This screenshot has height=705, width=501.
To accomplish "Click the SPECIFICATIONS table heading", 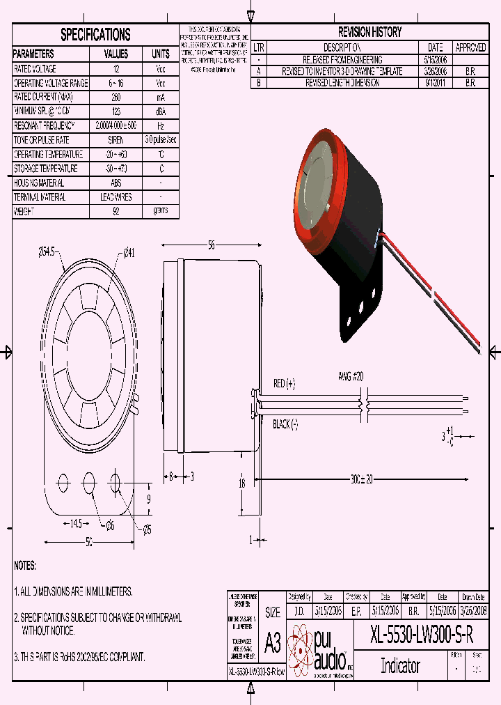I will click(95, 34).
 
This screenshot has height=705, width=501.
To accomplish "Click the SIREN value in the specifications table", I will click(116, 140).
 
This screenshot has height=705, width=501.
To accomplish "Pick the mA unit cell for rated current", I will click(161, 98).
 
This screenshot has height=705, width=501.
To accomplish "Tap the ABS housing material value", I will click(116, 183).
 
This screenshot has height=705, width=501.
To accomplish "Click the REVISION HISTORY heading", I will click(369, 32).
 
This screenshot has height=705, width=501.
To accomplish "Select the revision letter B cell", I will click(259, 82).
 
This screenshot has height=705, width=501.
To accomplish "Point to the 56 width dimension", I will click(211, 245).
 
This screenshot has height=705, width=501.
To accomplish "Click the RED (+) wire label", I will click(284, 383).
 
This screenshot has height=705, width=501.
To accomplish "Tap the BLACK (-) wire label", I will click(285, 424).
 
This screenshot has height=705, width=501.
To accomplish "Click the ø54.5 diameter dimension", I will click(51, 254).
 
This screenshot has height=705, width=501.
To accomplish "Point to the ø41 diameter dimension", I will click(128, 254).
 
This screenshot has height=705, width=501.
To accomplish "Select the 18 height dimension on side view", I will click(242, 483).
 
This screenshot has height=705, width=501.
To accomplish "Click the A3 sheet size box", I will click(273, 642).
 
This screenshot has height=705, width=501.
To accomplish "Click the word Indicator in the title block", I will click(400, 665).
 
